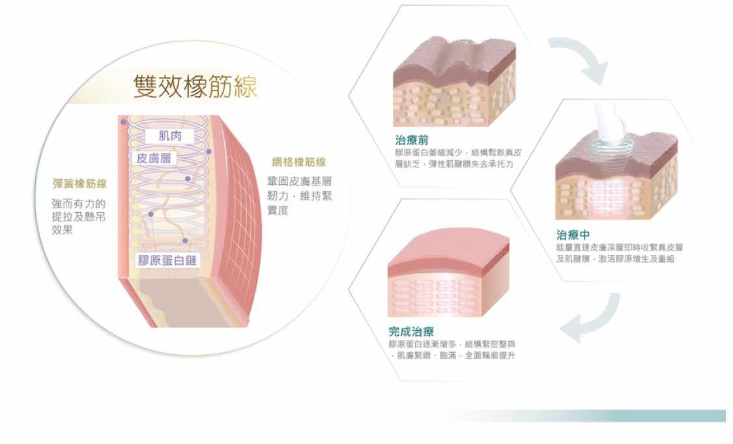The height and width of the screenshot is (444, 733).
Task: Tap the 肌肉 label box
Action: pos(169,135)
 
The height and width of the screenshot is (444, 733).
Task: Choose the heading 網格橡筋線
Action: pos(298,162)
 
